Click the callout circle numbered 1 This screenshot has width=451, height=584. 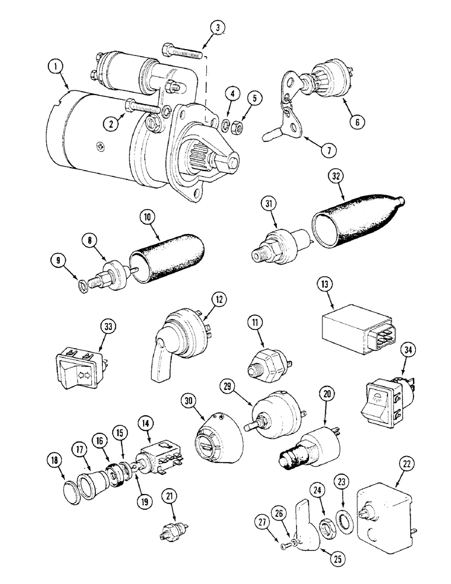pos(57,68)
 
